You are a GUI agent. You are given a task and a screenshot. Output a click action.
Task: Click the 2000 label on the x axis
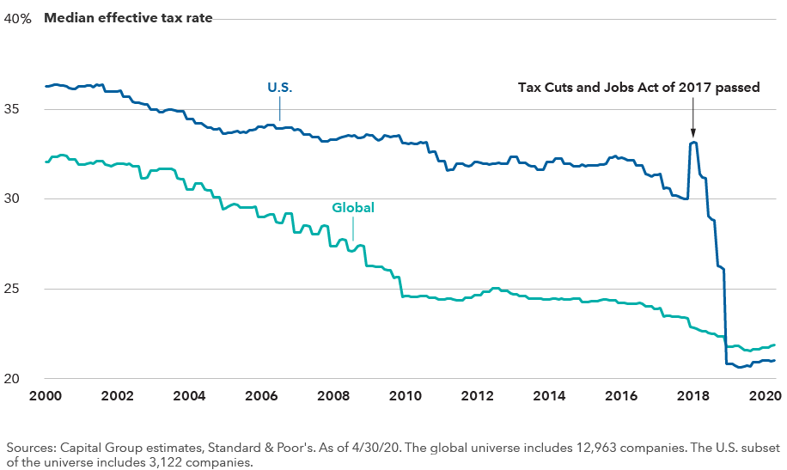(46, 397)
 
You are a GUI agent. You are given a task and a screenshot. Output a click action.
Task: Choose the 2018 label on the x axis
(692, 397)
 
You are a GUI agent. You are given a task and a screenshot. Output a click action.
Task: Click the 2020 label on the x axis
(763, 397)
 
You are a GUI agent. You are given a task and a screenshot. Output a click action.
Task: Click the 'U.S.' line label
(279, 87)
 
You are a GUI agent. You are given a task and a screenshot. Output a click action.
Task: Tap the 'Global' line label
(353, 207)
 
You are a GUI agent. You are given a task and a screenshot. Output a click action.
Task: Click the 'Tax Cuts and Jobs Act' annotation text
(638, 87)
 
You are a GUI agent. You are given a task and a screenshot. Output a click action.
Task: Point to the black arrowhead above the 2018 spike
(692, 131)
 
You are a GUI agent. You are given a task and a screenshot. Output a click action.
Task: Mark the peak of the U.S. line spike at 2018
(692, 143)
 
